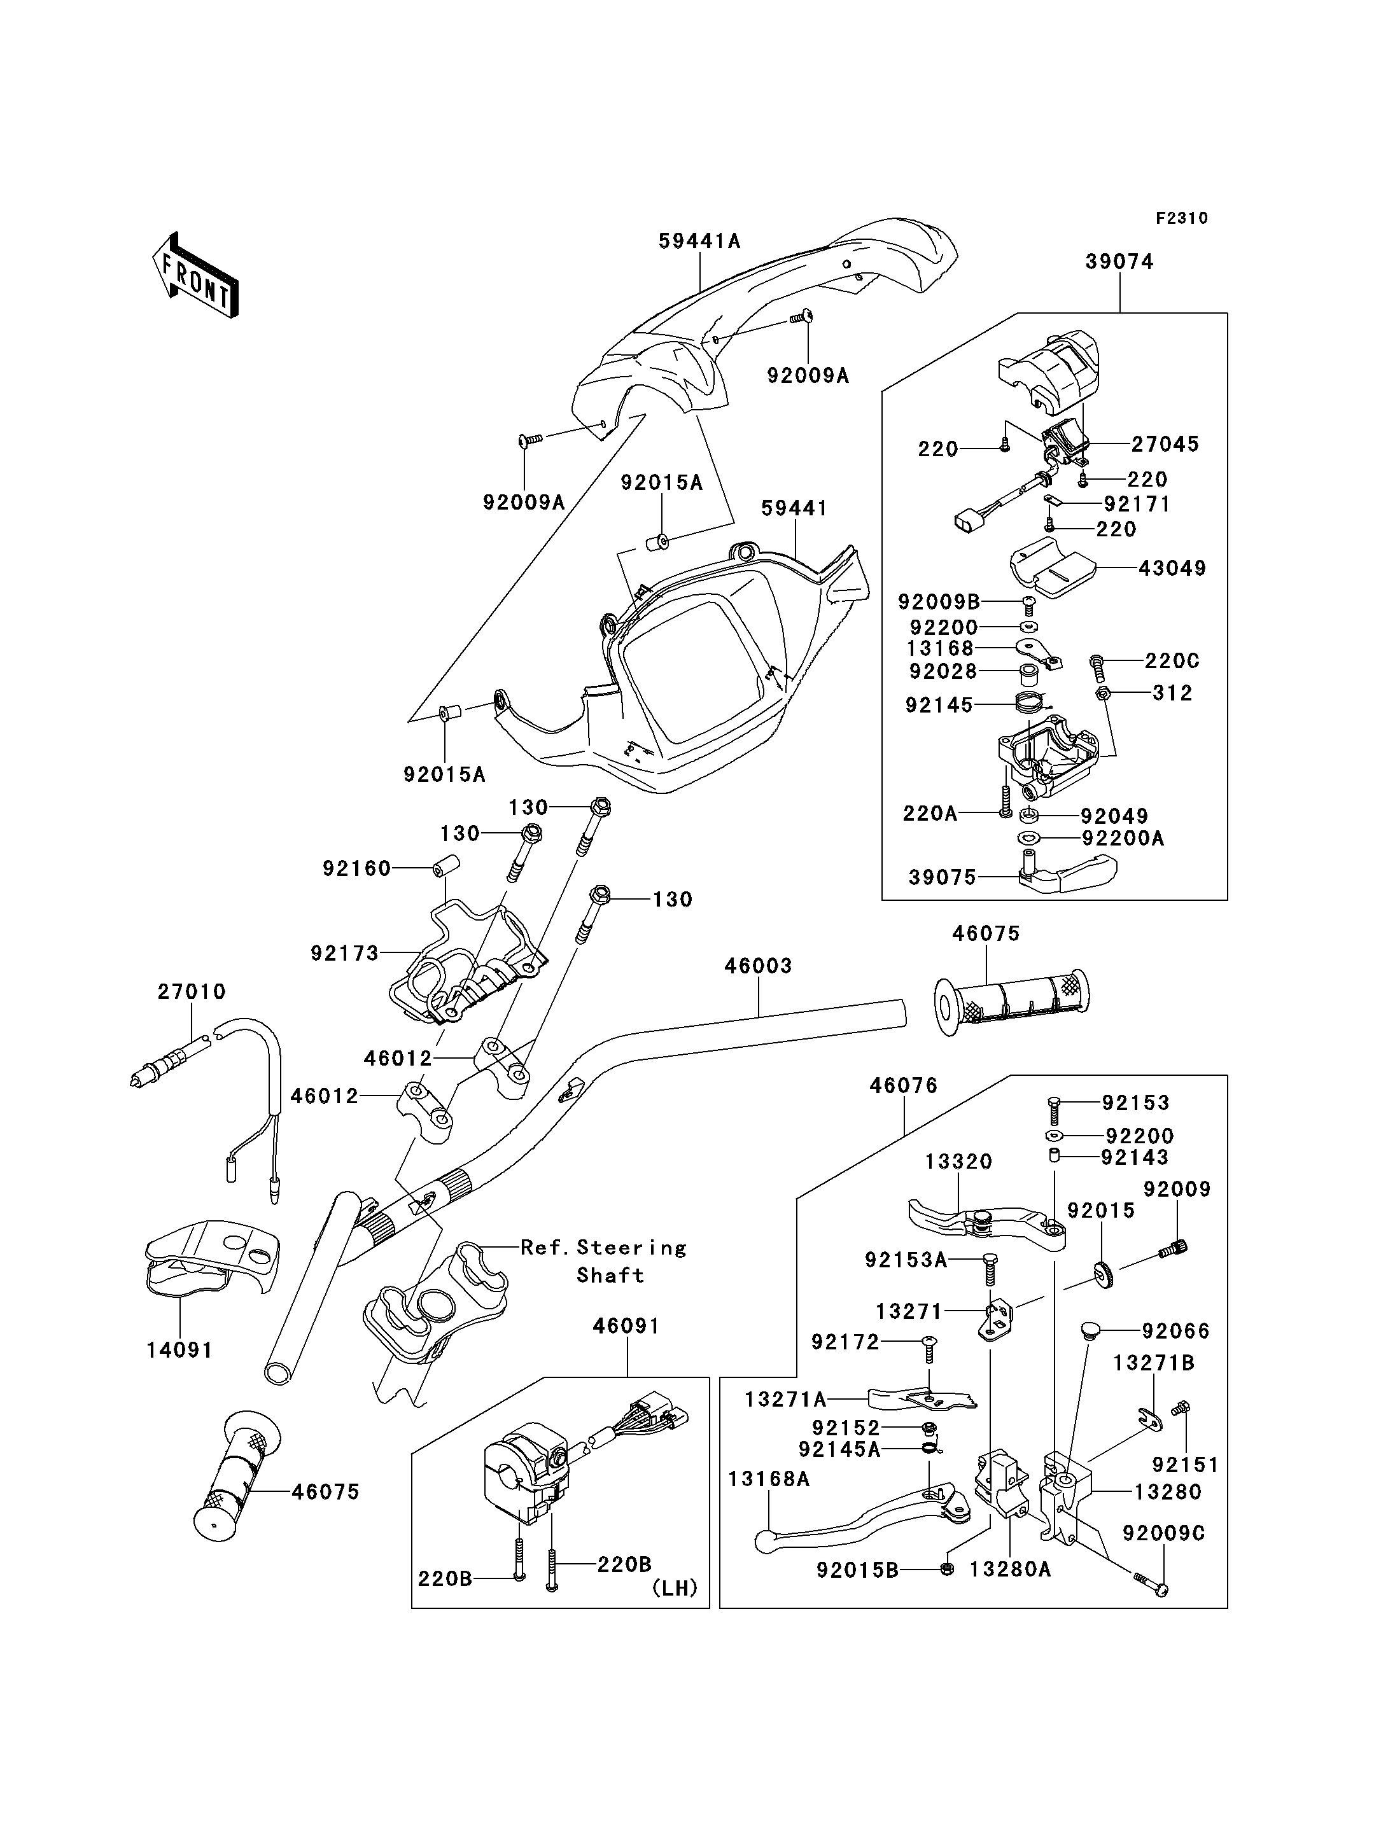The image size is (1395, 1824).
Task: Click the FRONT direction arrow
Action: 196,277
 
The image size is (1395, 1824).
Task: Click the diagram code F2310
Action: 1182,218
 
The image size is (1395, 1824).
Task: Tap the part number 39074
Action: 1119,262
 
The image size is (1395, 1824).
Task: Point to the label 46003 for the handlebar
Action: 758,966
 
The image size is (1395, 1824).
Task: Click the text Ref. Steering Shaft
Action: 604,1261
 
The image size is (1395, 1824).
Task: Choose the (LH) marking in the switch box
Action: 674,1588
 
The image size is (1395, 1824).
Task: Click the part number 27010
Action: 192,991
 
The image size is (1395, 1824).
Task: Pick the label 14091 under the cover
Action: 180,1351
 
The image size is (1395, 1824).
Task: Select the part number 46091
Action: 626,1326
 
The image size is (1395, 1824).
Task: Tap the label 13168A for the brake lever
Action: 769,1479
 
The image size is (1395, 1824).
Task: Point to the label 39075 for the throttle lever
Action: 943,877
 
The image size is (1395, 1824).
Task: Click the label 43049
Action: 1172,569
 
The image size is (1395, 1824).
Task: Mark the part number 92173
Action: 344,953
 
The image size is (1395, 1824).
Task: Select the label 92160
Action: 357,868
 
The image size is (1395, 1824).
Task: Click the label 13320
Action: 959,1162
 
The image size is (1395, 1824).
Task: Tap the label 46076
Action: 904,1086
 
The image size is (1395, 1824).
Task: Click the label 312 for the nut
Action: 1172,693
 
